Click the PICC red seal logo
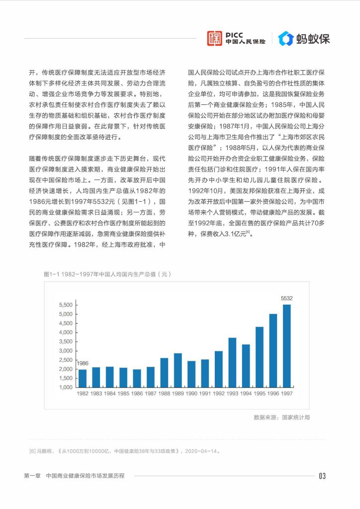(215, 38)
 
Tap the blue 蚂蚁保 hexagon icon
(285, 38)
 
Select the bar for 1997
(286, 345)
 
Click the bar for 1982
(83, 378)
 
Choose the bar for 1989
(178, 370)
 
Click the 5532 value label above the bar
(286, 298)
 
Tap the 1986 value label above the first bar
(83, 363)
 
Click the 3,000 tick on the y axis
(66, 351)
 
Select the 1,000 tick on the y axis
(66, 387)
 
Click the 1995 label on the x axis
(259, 394)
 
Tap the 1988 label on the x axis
(164, 394)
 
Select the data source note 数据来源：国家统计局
(281, 418)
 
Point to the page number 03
(322, 476)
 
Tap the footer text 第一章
(32, 476)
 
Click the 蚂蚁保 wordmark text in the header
(313, 38)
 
